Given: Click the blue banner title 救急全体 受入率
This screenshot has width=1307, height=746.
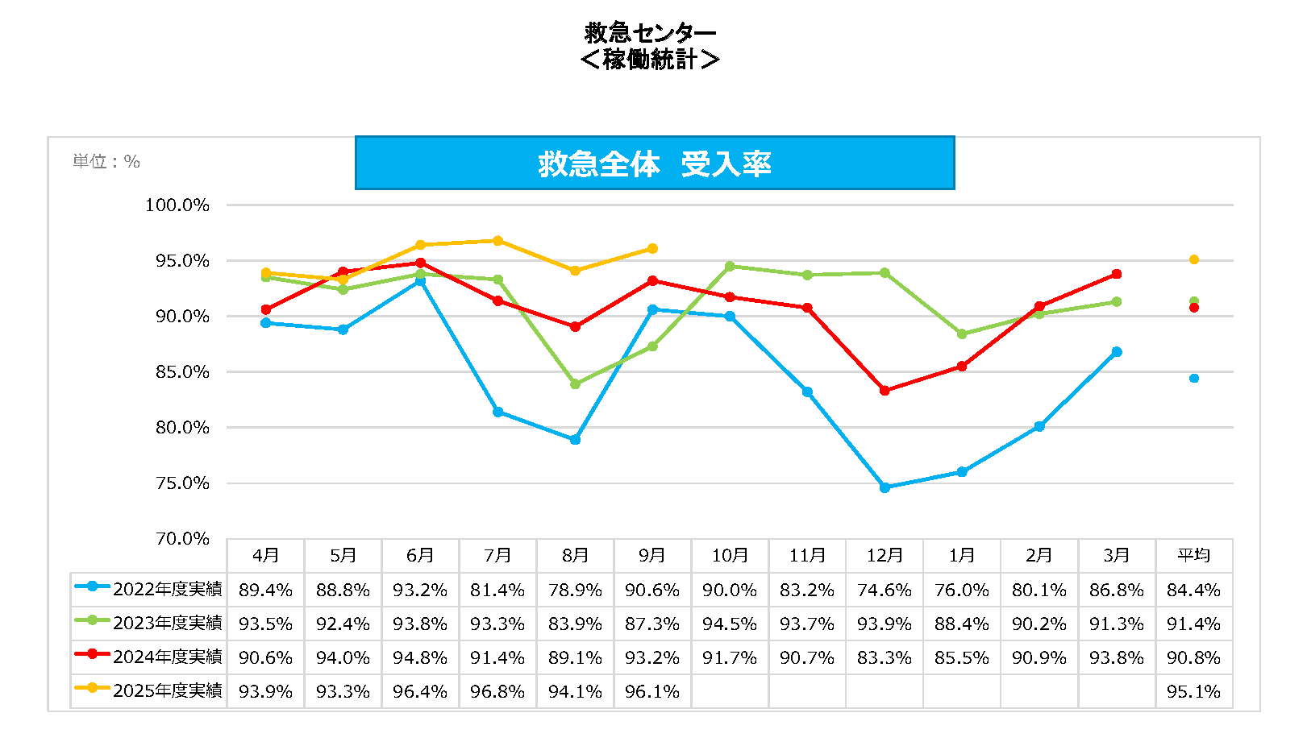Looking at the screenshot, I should pyautogui.click(x=654, y=164).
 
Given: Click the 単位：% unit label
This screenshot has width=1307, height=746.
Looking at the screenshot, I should pyautogui.click(x=106, y=162).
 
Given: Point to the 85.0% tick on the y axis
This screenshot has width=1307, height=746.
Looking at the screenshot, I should pyautogui.click(x=182, y=372).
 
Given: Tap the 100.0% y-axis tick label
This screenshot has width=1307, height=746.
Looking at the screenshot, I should pyautogui.click(x=177, y=205).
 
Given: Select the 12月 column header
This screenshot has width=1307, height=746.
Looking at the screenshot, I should pyautogui.click(x=885, y=556).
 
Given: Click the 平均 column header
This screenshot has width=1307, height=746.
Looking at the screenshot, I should pyautogui.click(x=1193, y=556).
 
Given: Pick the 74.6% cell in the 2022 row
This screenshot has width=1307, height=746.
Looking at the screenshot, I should pyautogui.click(x=885, y=591).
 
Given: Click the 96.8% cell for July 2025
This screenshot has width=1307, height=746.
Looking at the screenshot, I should pyautogui.click(x=497, y=692).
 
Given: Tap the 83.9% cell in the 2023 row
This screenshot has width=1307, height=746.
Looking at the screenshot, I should pyautogui.click(x=575, y=624).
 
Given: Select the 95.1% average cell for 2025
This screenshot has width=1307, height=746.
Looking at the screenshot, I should pyautogui.click(x=1193, y=692).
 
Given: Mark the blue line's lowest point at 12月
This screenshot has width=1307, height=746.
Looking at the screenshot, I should pyautogui.click(x=885, y=487).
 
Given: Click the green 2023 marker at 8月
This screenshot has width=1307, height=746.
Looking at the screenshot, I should pyautogui.click(x=575, y=384).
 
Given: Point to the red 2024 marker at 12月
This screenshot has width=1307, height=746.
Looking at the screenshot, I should pyautogui.click(x=885, y=391).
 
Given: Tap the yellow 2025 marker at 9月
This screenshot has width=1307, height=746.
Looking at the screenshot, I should pyautogui.click(x=652, y=249).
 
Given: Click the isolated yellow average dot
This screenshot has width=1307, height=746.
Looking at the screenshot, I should pyautogui.click(x=1193, y=259).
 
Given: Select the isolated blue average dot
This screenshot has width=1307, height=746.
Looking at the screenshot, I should pyautogui.click(x=1193, y=379).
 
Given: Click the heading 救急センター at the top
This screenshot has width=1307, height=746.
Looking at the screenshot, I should pyautogui.click(x=650, y=33).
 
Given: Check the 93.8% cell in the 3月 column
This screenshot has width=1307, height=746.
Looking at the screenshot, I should pyautogui.click(x=1116, y=658).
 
